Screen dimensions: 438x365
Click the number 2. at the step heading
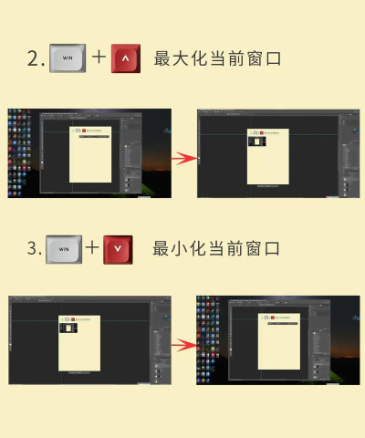point(36,59)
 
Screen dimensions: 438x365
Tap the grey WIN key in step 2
point(66,58)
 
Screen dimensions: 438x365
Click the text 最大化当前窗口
point(216,59)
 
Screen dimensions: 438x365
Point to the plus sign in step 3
point(92,248)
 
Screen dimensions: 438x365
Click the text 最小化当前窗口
point(215,248)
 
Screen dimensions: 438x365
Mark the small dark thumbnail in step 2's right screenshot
point(257,141)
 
